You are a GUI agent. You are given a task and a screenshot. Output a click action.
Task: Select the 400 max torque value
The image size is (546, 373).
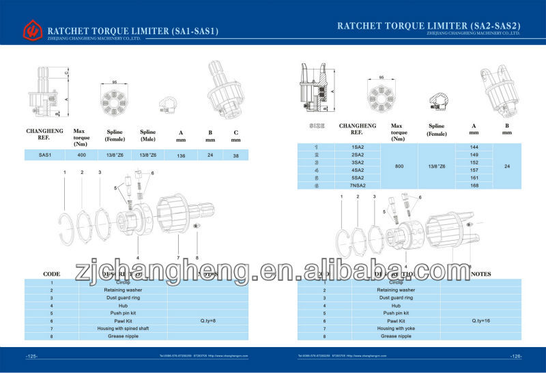click(81, 155)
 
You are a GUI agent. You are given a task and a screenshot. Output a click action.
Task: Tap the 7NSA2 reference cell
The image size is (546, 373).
click(358, 185)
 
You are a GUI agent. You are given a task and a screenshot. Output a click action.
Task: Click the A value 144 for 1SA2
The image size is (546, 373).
click(474, 147)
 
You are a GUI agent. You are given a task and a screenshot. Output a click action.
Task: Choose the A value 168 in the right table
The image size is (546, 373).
click(474, 185)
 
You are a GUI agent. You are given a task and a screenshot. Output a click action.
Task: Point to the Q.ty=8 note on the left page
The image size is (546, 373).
click(209, 320)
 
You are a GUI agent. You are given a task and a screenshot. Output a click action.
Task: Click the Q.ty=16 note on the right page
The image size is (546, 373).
click(482, 320)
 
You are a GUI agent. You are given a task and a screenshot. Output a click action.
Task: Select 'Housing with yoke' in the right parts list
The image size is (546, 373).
click(395, 329)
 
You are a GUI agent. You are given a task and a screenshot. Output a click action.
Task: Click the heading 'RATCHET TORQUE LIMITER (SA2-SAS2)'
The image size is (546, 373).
click(429, 25)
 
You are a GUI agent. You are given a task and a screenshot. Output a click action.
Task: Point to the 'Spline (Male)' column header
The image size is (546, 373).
click(147, 135)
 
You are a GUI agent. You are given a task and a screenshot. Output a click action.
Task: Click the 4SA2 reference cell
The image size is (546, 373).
click(358, 170)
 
